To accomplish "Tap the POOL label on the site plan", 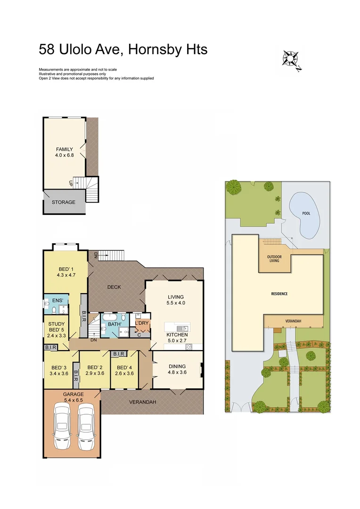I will [306, 213].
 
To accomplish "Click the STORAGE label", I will [64, 202].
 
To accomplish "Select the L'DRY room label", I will [142, 323].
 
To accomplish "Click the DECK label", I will [115, 287].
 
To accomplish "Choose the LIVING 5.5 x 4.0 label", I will [175, 300].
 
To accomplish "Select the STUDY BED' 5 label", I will [56, 327].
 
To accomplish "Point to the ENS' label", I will [57, 300].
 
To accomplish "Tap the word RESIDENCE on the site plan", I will [279, 294].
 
